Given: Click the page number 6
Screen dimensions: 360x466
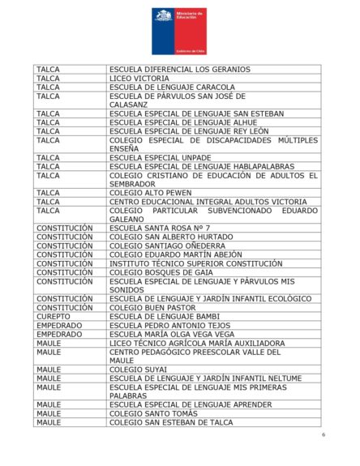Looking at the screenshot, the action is pyautogui.click(x=323, y=435).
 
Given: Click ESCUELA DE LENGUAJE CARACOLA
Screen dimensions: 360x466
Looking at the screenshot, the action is pyautogui.click(x=172, y=88).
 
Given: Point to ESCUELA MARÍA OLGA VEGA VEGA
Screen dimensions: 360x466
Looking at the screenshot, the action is pyautogui.click(x=172, y=335).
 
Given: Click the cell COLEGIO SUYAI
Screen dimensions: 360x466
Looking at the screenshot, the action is pyautogui.click(x=138, y=370).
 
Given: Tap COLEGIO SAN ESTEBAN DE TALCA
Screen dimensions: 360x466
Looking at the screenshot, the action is pyautogui.click(x=170, y=422).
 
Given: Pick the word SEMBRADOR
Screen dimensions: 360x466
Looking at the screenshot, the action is pyautogui.click(x=134, y=184).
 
